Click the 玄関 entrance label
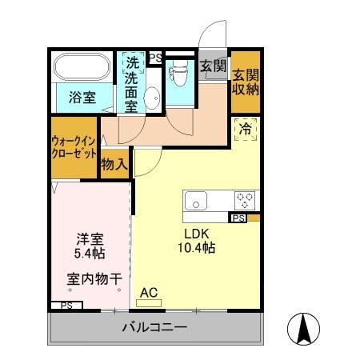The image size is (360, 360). pyautogui.click(x=212, y=66)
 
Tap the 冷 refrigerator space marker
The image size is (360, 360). pyautogui.click(x=246, y=128)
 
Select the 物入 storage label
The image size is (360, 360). pyautogui.click(x=114, y=164)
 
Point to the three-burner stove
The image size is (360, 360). pyautogui.click(x=245, y=199)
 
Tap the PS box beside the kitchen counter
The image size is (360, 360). pyautogui.click(x=238, y=218)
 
